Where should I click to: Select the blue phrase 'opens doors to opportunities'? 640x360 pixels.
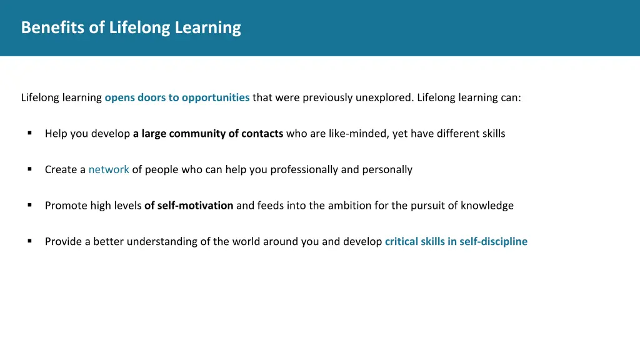(177, 97)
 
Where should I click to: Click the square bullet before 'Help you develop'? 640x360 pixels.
(29, 133)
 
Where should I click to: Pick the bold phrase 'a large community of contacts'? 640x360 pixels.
(208, 134)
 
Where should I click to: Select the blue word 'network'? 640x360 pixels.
(109, 169)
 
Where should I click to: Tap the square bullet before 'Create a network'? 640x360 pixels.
(29, 169)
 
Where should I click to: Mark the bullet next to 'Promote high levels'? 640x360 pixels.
(29, 205)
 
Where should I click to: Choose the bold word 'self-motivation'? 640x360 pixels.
(195, 206)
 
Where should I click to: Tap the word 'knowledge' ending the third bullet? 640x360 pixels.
(487, 206)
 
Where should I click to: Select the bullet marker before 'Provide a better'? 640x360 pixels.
(29, 241)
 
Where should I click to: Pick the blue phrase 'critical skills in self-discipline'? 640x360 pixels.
(456, 241)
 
